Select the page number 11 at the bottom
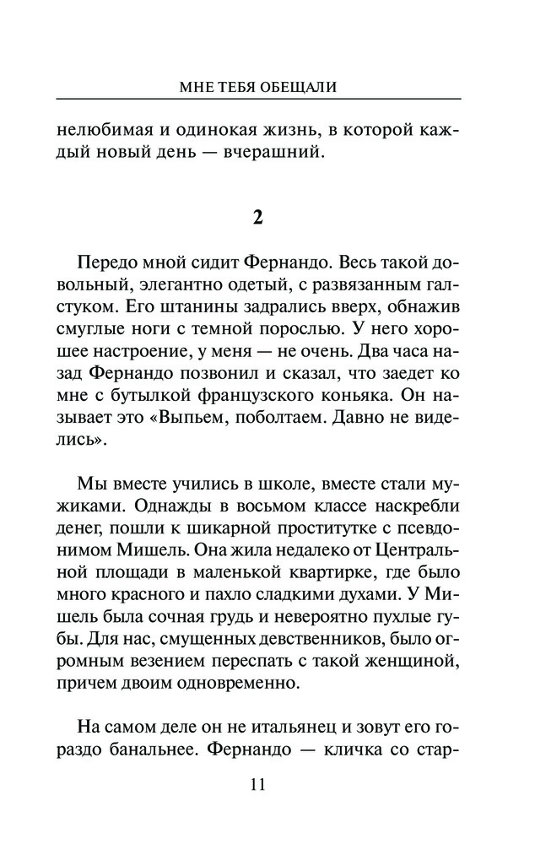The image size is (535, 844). pyautogui.click(x=258, y=784)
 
